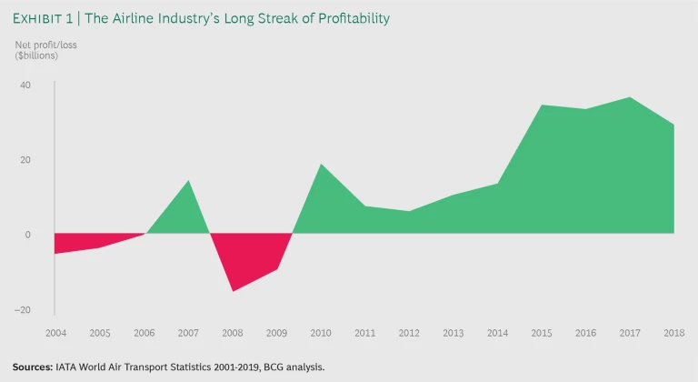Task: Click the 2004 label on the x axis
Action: tap(55, 334)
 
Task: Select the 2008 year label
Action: tap(232, 334)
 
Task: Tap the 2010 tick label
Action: tap(321, 334)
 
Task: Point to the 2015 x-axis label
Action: tap(543, 334)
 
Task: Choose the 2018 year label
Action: tap(675, 334)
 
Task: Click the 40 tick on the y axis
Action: tap(25, 85)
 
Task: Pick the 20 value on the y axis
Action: tap(25, 160)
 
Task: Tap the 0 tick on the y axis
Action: tap(27, 235)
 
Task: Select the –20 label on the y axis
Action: tap(23, 309)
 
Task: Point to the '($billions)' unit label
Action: tap(36, 56)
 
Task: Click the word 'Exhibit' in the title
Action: tap(39, 18)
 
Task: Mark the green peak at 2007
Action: tap(188, 181)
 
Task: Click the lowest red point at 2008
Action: tap(233, 290)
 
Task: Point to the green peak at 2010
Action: tap(321, 165)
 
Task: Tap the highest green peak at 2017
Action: tap(631, 97)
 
